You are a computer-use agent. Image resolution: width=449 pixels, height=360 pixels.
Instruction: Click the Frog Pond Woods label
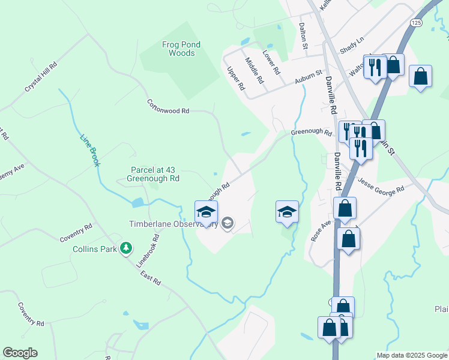click(182, 49)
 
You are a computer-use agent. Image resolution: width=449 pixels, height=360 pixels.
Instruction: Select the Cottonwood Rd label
click(168, 107)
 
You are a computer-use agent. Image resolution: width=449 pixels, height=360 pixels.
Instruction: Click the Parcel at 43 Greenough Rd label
click(153, 174)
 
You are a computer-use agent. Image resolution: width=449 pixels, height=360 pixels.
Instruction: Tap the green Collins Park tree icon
click(125, 248)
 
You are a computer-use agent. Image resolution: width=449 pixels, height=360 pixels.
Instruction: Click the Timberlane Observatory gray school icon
click(227, 224)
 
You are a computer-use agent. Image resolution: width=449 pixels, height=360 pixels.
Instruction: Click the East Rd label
click(151, 277)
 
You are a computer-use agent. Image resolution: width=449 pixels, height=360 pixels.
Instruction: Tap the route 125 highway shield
click(417, 22)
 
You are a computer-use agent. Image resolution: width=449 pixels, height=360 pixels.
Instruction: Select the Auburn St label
click(309, 80)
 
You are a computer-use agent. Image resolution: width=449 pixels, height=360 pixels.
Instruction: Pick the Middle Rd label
click(255, 69)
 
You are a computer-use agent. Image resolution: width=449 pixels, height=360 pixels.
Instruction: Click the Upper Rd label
click(236, 79)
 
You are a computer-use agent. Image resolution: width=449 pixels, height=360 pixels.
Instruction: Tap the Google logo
click(20, 353)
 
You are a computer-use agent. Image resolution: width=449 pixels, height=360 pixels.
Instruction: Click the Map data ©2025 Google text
click(411, 355)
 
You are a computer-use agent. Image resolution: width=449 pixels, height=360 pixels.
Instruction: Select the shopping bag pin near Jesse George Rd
click(345, 208)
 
